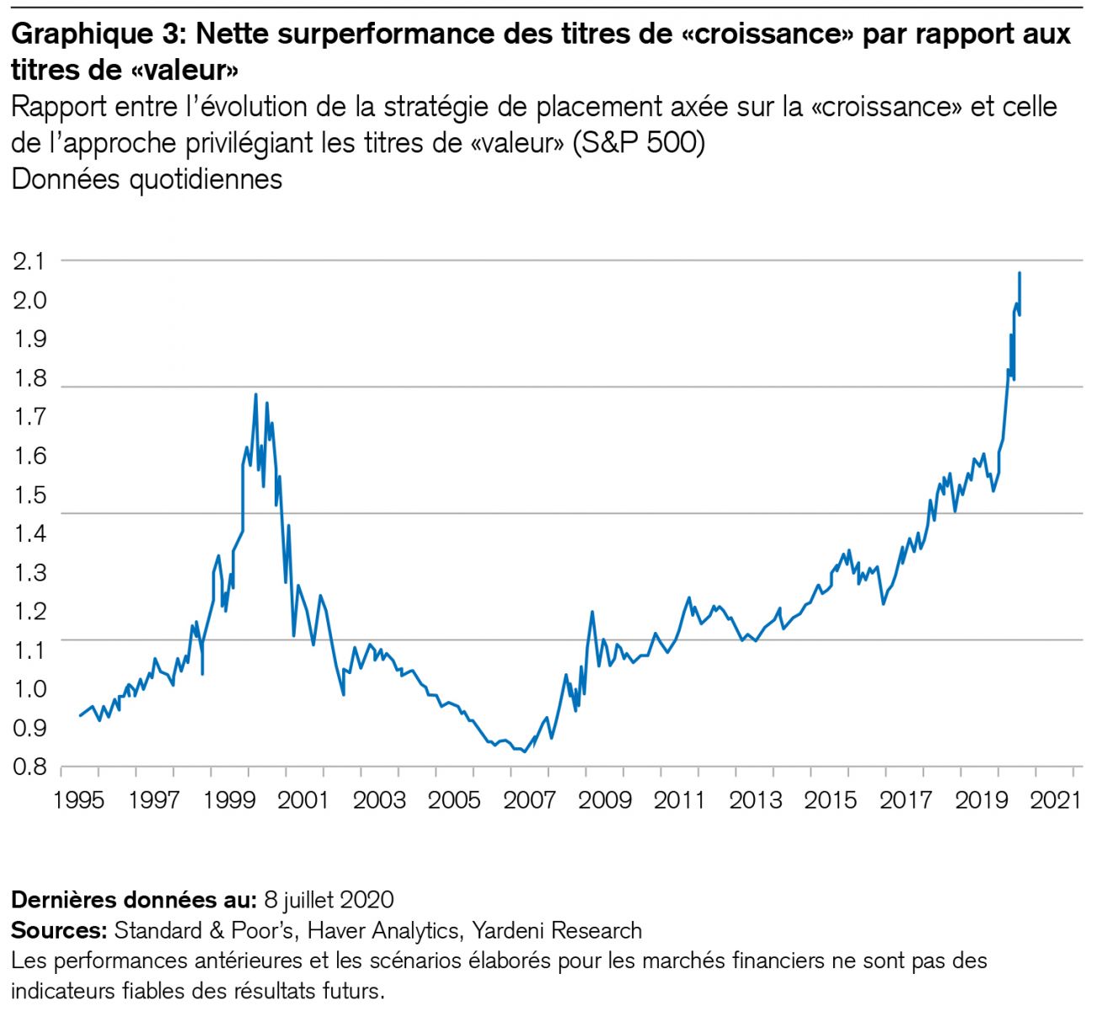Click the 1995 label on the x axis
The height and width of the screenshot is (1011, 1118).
click(79, 799)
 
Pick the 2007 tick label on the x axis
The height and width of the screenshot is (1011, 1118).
click(529, 799)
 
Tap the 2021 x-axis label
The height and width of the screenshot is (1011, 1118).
click(1055, 799)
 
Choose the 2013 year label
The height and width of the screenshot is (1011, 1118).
click(755, 799)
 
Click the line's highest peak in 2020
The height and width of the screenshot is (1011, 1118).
click(1019, 273)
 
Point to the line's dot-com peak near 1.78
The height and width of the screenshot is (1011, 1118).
click(255, 394)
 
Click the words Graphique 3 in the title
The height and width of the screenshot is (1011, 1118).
click(98, 35)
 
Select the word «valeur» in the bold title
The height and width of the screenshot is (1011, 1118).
click(185, 70)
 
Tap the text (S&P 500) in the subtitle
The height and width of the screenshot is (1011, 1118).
click(639, 143)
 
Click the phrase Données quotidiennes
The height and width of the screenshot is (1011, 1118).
click(147, 179)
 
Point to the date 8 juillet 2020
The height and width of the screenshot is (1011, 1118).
click(329, 900)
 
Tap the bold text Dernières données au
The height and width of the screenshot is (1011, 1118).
click(132, 900)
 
